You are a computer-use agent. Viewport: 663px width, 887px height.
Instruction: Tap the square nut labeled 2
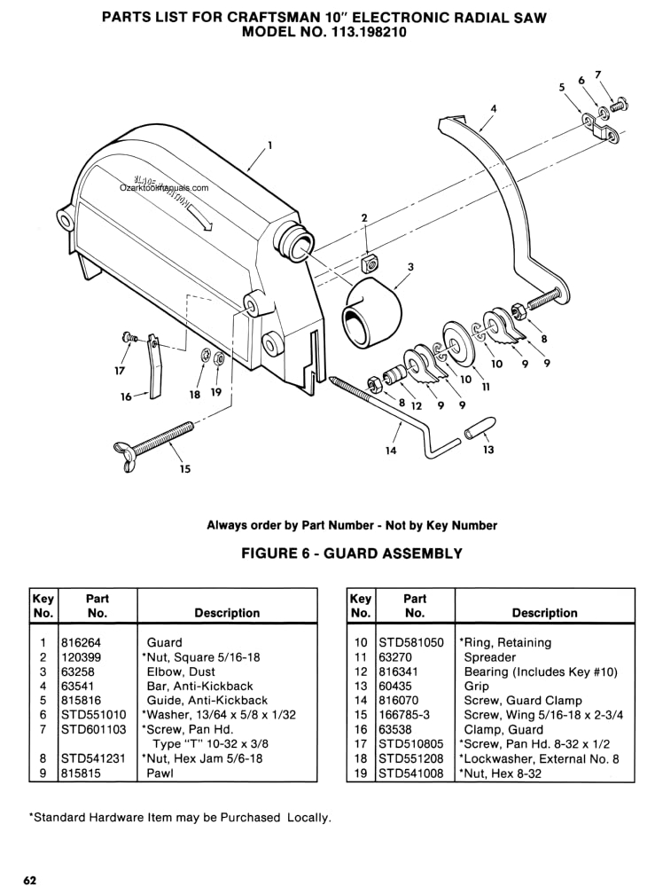pyautogui.click(x=370, y=263)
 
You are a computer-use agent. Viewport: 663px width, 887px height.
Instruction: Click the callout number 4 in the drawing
pyautogui.click(x=494, y=108)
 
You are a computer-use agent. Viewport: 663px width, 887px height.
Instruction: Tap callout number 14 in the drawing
pyautogui.click(x=391, y=451)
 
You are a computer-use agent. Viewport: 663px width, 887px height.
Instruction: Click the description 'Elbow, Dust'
pyautogui.click(x=181, y=671)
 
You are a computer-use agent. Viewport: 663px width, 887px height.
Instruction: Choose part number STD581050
pyautogui.click(x=411, y=642)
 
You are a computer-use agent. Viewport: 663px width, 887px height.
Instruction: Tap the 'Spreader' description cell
pyautogui.click(x=489, y=657)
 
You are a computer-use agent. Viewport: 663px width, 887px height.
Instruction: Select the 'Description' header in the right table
pyautogui.click(x=544, y=613)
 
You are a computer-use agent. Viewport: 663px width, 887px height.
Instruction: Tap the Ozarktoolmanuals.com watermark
pyautogui.click(x=164, y=188)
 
